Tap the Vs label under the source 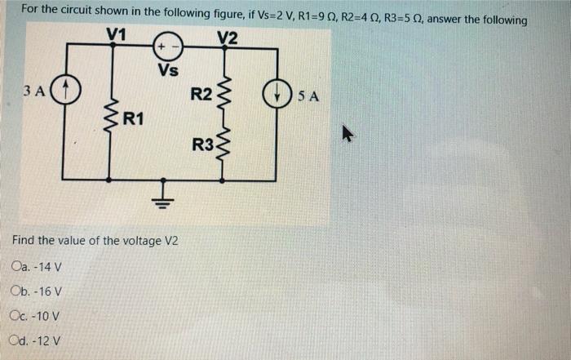tap(169, 69)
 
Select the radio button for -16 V tap(17, 291)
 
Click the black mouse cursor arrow tap(348, 133)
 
